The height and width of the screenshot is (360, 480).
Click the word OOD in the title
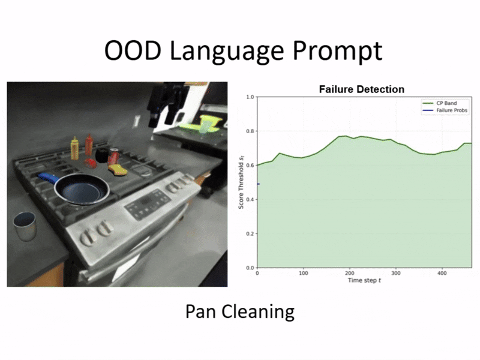coord(133,50)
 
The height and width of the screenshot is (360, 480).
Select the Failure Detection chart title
coord(362,89)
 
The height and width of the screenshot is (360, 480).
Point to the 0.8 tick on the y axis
coord(250,131)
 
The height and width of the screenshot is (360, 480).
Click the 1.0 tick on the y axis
coord(250,97)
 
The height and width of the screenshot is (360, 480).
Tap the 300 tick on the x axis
coord(396,273)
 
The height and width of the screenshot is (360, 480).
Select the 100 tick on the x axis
coord(304,273)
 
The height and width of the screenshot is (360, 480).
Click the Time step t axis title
coord(364,280)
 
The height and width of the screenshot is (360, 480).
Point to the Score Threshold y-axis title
coord(241,182)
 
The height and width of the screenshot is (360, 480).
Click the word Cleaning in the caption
coord(258,312)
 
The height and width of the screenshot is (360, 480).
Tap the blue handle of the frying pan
coord(49,178)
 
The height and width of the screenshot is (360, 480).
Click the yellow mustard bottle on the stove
coord(74,148)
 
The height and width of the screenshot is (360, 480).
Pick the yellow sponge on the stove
coord(117,170)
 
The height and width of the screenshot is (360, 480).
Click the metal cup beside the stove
coord(25,226)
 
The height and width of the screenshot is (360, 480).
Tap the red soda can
coord(113,157)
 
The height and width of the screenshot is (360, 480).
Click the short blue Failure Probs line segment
coord(259,184)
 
